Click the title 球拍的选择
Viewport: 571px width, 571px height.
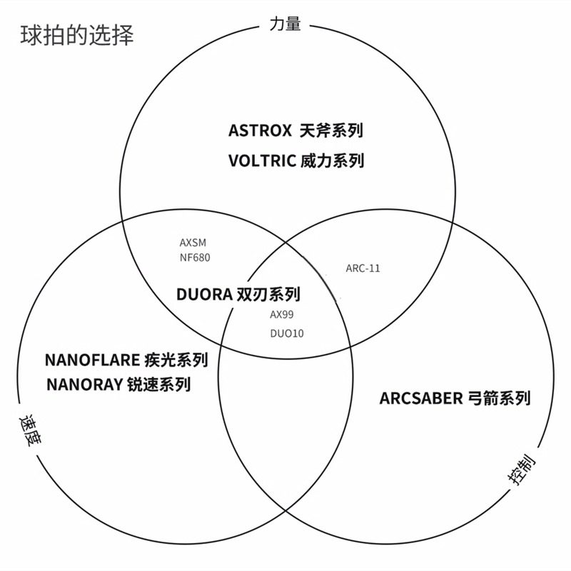point(76,35)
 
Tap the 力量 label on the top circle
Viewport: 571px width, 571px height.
point(285,24)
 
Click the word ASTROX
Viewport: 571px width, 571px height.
point(260,131)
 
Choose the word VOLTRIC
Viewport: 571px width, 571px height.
point(262,161)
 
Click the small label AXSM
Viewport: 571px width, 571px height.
point(193,243)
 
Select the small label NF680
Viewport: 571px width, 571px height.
point(195,257)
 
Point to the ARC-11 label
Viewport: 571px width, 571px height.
point(363,268)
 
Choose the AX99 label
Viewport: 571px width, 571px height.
point(281,314)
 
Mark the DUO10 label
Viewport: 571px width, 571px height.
point(286,333)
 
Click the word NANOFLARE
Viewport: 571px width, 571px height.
point(91,359)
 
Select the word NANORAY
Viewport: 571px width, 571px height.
point(86,385)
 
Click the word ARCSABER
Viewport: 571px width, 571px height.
point(421,398)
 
